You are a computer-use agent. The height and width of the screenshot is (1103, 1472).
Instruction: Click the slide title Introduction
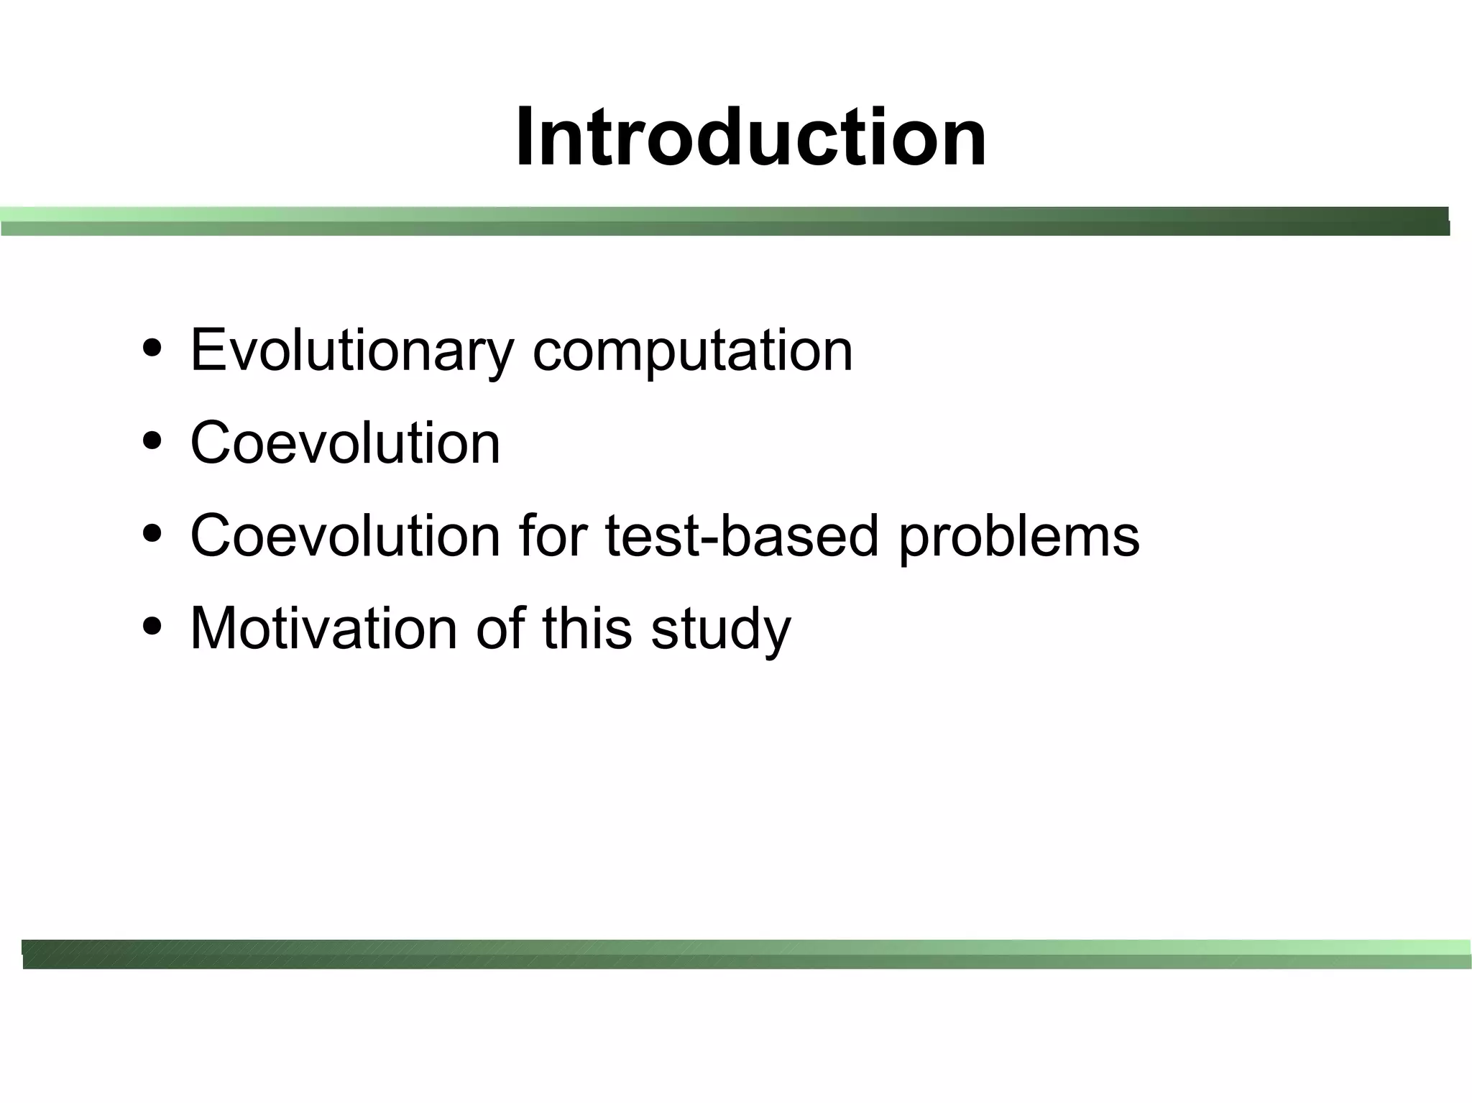pos(750,137)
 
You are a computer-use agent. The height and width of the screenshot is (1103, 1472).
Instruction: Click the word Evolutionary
pos(351,351)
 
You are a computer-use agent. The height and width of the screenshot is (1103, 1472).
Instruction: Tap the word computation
pos(692,351)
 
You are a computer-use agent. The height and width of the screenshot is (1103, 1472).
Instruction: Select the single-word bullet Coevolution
pos(345,443)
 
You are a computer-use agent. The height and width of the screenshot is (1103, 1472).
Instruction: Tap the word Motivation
pos(323,629)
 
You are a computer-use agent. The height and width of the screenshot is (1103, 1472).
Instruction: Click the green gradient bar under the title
pos(724,221)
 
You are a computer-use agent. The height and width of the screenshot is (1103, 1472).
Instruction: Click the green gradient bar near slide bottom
pos(746,954)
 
